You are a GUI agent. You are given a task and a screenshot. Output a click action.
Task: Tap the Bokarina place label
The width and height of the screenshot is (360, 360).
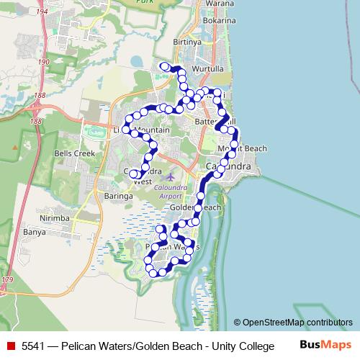click(219, 21)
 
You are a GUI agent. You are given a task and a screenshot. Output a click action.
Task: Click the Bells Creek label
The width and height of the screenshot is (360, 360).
click(75, 153)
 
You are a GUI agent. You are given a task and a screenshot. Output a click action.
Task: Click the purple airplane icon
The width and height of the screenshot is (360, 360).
click(170, 176)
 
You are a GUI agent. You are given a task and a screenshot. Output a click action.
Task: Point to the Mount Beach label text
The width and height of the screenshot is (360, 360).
click(242, 148)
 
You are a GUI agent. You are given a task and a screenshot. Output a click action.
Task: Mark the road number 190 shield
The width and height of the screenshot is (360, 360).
click(44, 63)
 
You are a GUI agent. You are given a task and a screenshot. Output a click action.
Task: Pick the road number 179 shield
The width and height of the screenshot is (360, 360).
click(7, 279)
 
